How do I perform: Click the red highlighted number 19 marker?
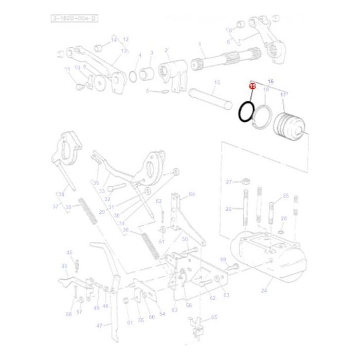point(252,87)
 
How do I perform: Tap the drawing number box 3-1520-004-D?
point(74,19)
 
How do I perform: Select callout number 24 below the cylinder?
point(264,291)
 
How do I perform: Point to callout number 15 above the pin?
point(217,82)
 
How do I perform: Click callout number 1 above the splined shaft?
point(200,46)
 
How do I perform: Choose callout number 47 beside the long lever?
point(100,325)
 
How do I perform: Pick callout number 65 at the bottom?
point(214,318)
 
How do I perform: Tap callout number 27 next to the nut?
point(229,182)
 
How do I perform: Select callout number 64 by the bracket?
point(192,194)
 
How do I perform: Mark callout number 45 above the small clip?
point(69,252)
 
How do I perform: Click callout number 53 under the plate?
point(174,310)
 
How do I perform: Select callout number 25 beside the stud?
point(286,196)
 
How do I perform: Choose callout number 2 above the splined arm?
point(167,50)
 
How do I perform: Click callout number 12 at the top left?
point(125,40)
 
